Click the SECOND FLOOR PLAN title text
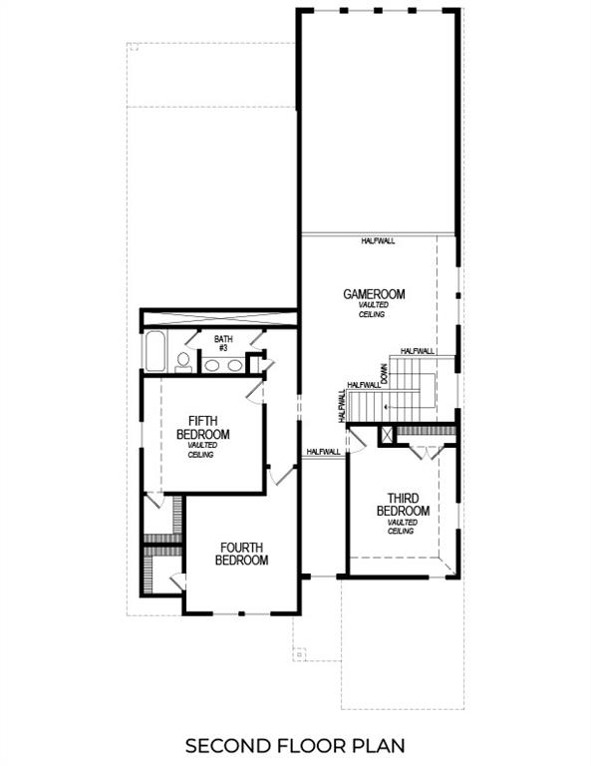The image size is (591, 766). point(295,745)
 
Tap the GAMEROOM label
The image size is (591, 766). point(374,294)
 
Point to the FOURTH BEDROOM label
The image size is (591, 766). point(242,554)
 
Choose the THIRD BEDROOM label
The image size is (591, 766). point(403,504)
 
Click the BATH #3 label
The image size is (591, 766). point(223,343)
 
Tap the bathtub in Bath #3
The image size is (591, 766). point(154,352)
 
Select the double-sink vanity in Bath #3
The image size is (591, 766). point(221,365)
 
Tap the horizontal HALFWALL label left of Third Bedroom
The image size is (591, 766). point(324,452)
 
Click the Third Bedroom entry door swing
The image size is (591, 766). point(360,436)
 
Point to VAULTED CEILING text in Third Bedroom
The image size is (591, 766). point(402,526)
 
